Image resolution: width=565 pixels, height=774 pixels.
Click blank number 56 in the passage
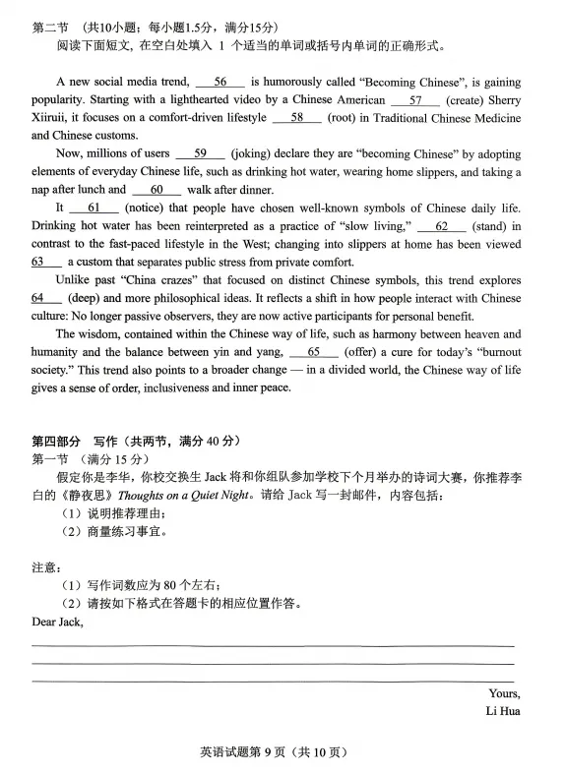point(220,83)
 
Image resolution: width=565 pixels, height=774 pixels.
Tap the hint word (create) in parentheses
point(468,100)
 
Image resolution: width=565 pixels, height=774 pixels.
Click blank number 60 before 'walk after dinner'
point(157,190)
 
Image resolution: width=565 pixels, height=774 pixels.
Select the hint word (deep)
point(79,298)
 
